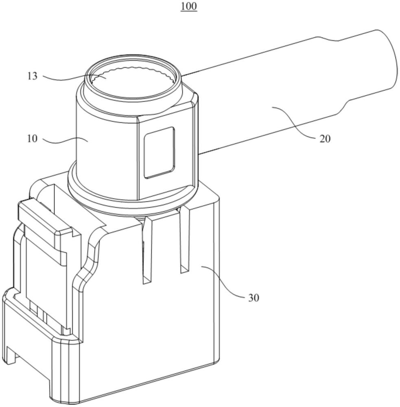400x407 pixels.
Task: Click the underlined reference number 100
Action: [x=189, y=6]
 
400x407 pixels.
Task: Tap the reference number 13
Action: [x=33, y=76]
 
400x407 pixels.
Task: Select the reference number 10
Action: [x=33, y=139]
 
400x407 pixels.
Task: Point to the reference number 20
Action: [x=325, y=139]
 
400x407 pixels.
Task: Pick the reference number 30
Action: [x=254, y=298]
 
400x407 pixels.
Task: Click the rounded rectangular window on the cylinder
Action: [x=160, y=152]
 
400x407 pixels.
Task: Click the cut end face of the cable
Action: [x=387, y=60]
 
